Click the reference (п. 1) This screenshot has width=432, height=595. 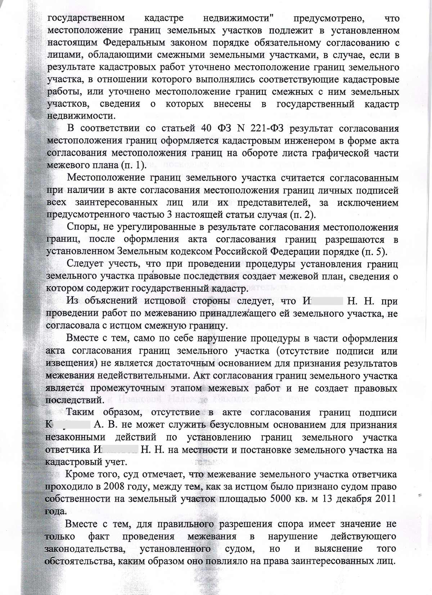(x=133, y=166)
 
